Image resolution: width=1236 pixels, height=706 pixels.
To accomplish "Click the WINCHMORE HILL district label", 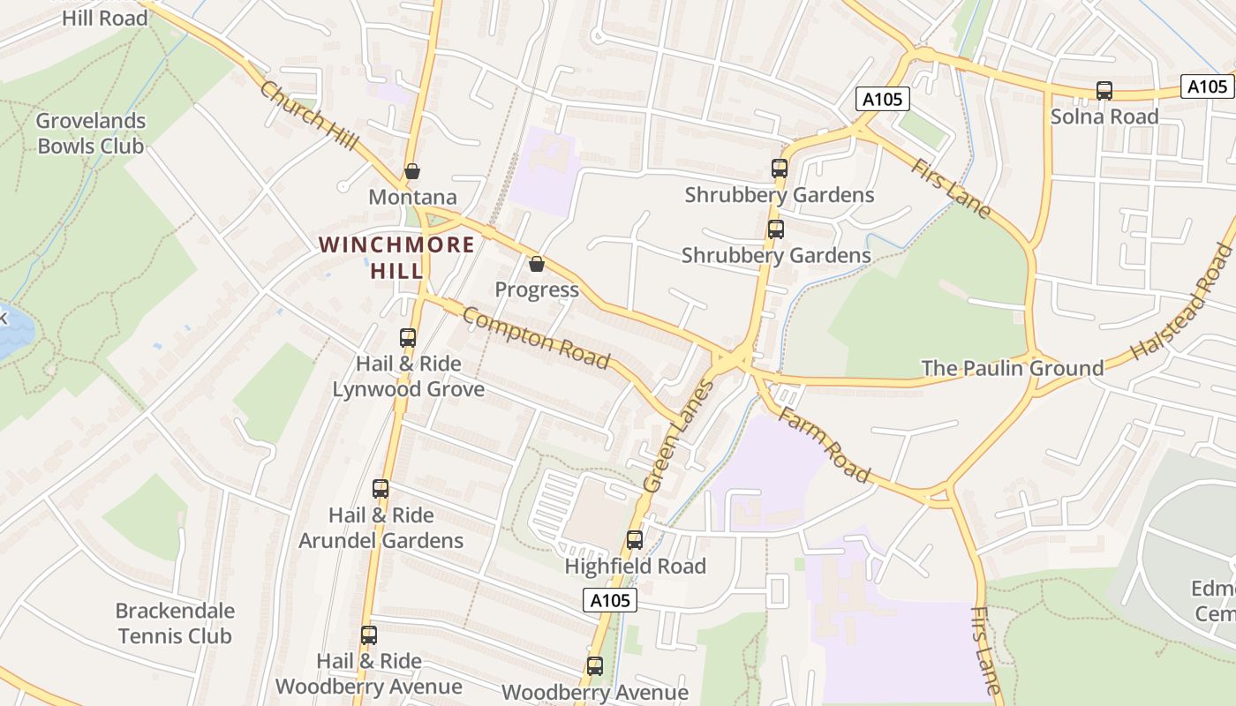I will pyautogui.click(x=396, y=257).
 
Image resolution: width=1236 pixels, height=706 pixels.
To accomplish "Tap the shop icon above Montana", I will pyautogui.click(x=412, y=171).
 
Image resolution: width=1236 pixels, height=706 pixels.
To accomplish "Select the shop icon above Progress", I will pyautogui.click(x=536, y=264).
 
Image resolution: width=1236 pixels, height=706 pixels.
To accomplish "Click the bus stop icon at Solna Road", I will pyautogui.click(x=1104, y=90).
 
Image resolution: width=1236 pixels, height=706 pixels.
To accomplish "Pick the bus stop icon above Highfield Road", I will pyautogui.click(x=634, y=540).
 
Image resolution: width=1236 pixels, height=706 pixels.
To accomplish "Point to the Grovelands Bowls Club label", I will pyautogui.click(x=91, y=133).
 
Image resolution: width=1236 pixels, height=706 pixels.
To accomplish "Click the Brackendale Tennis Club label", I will pyautogui.click(x=175, y=623).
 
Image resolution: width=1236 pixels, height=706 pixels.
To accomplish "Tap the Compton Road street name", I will pyautogui.click(x=536, y=338).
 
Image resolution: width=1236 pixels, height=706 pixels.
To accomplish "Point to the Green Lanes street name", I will pyautogui.click(x=677, y=437).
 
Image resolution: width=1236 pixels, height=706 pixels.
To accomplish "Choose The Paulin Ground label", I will pyautogui.click(x=1012, y=368).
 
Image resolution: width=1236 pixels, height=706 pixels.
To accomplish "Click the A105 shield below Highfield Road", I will pyautogui.click(x=610, y=600).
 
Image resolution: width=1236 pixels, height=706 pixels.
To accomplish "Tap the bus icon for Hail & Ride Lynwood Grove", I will pyautogui.click(x=407, y=337).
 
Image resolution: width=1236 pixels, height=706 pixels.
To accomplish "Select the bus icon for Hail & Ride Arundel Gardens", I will pyautogui.click(x=381, y=489).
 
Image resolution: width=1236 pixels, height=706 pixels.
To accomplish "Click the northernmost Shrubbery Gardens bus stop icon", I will pyautogui.click(x=779, y=168).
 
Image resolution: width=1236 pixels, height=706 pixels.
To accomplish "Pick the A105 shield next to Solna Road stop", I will pyautogui.click(x=1206, y=86).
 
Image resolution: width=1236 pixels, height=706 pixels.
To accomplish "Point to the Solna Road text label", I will pyautogui.click(x=1104, y=116).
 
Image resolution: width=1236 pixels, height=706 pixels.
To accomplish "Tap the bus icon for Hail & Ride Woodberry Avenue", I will pyautogui.click(x=369, y=635).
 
